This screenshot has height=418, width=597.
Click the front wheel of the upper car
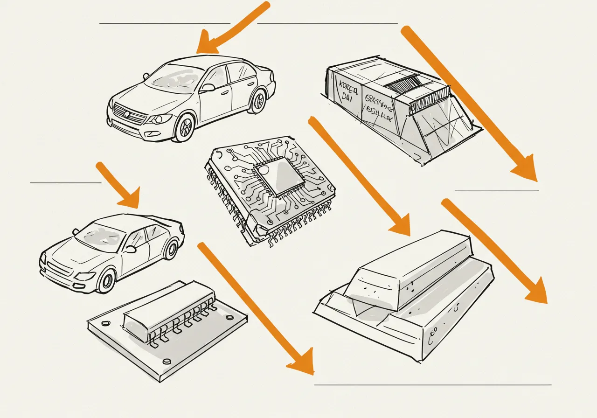(185, 127)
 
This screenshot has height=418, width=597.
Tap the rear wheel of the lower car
(171, 249)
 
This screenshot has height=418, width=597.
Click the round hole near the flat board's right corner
(229, 317)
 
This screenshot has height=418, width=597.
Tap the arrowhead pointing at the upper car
(205, 45)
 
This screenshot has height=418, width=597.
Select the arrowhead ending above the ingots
(400, 225)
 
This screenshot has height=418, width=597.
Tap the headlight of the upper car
(161, 118)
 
